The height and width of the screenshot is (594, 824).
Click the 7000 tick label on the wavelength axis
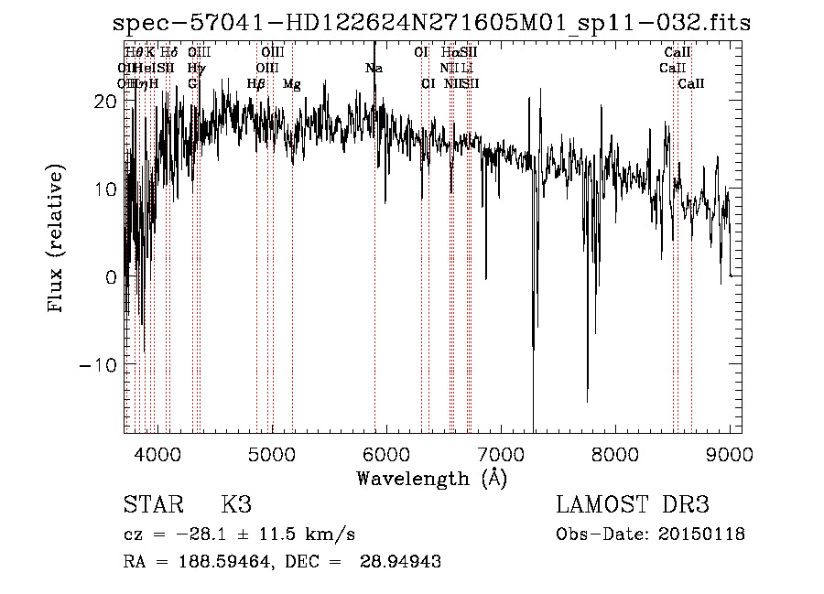500,453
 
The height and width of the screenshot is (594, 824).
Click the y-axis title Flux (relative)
57,238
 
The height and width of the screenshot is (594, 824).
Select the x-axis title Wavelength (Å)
431,478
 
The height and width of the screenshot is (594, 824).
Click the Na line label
374,68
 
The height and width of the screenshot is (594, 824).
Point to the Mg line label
291,84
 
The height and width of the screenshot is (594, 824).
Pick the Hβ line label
256,84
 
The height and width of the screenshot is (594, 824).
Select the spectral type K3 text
236,505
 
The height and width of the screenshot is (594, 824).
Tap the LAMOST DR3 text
632,505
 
